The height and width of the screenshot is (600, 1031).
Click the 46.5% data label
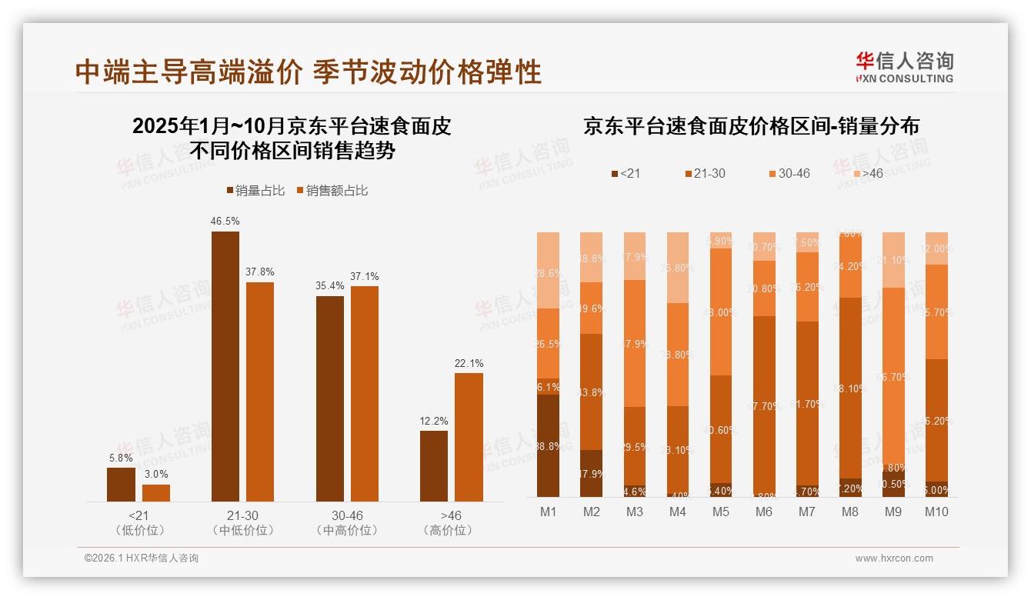225,221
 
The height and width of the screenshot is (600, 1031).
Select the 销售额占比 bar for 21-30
260,392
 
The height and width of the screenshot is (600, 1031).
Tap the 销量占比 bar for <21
121,485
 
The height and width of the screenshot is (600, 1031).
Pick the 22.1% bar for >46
469,437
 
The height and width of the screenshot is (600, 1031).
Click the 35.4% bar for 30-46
330,398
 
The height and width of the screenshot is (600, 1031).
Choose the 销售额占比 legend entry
332,190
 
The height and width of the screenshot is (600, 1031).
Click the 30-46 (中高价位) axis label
347,522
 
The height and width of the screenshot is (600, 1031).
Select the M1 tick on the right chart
548,512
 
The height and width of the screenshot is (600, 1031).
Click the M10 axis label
936,512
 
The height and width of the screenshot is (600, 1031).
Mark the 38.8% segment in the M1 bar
548,446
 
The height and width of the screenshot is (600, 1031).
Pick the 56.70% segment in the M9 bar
894,377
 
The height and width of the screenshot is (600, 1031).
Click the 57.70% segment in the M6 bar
765,406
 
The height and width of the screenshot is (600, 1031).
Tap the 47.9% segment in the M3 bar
635,343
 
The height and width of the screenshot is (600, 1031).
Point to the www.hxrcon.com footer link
894,558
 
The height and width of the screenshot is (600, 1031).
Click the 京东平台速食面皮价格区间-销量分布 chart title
751,126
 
